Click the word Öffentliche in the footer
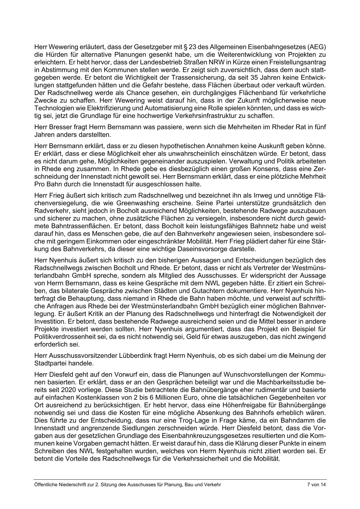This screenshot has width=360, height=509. (x=45, y=485)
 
